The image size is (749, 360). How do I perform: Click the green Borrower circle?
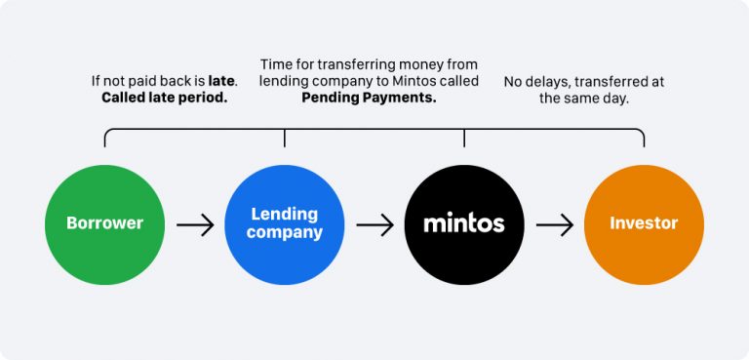(104, 223)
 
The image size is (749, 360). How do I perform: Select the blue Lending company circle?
(284, 223)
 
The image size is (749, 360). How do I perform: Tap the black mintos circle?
(463, 223)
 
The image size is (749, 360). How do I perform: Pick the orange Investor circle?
(643, 223)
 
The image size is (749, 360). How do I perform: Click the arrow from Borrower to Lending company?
(194, 224)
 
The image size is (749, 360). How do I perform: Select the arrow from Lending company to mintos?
(374, 224)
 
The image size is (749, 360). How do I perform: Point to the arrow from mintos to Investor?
(554, 224)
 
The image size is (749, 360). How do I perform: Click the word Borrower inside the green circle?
(104, 223)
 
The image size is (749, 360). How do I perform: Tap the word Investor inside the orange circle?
(643, 223)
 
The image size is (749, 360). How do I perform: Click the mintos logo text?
(463, 223)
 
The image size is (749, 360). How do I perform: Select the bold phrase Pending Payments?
(369, 99)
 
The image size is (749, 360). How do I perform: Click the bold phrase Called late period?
(164, 99)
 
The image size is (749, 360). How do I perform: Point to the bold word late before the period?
(221, 81)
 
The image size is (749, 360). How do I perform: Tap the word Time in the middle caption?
(277, 63)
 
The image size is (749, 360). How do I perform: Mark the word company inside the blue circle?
(284, 233)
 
